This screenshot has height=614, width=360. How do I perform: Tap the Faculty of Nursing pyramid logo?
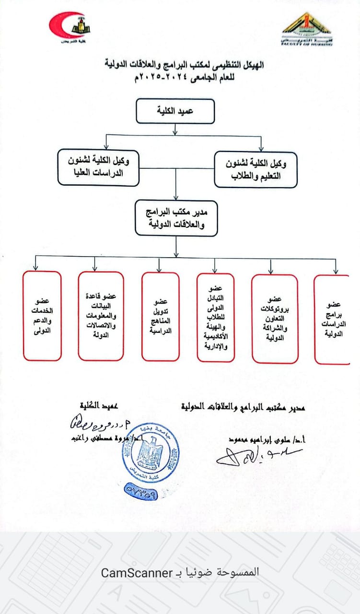[x=305, y=29]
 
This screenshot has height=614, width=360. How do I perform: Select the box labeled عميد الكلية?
[x=176, y=111]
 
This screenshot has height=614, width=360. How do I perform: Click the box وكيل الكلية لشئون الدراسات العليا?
[x=98, y=167]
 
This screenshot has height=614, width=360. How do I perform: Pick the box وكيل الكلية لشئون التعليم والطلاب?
[x=255, y=169]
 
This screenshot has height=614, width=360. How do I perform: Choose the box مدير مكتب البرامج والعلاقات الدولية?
[x=176, y=218]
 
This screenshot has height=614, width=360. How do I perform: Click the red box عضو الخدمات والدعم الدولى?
[x=42, y=316]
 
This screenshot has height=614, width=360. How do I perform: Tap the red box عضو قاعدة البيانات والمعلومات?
[x=101, y=316]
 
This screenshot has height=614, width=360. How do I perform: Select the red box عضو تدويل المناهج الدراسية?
[x=161, y=317]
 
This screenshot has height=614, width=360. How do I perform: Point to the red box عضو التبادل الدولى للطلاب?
[x=216, y=318]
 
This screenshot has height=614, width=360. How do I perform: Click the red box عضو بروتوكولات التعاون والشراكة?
[x=275, y=319]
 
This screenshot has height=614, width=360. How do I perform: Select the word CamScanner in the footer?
[x=137, y=572]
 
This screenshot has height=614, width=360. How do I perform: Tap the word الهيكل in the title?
[x=252, y=63]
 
